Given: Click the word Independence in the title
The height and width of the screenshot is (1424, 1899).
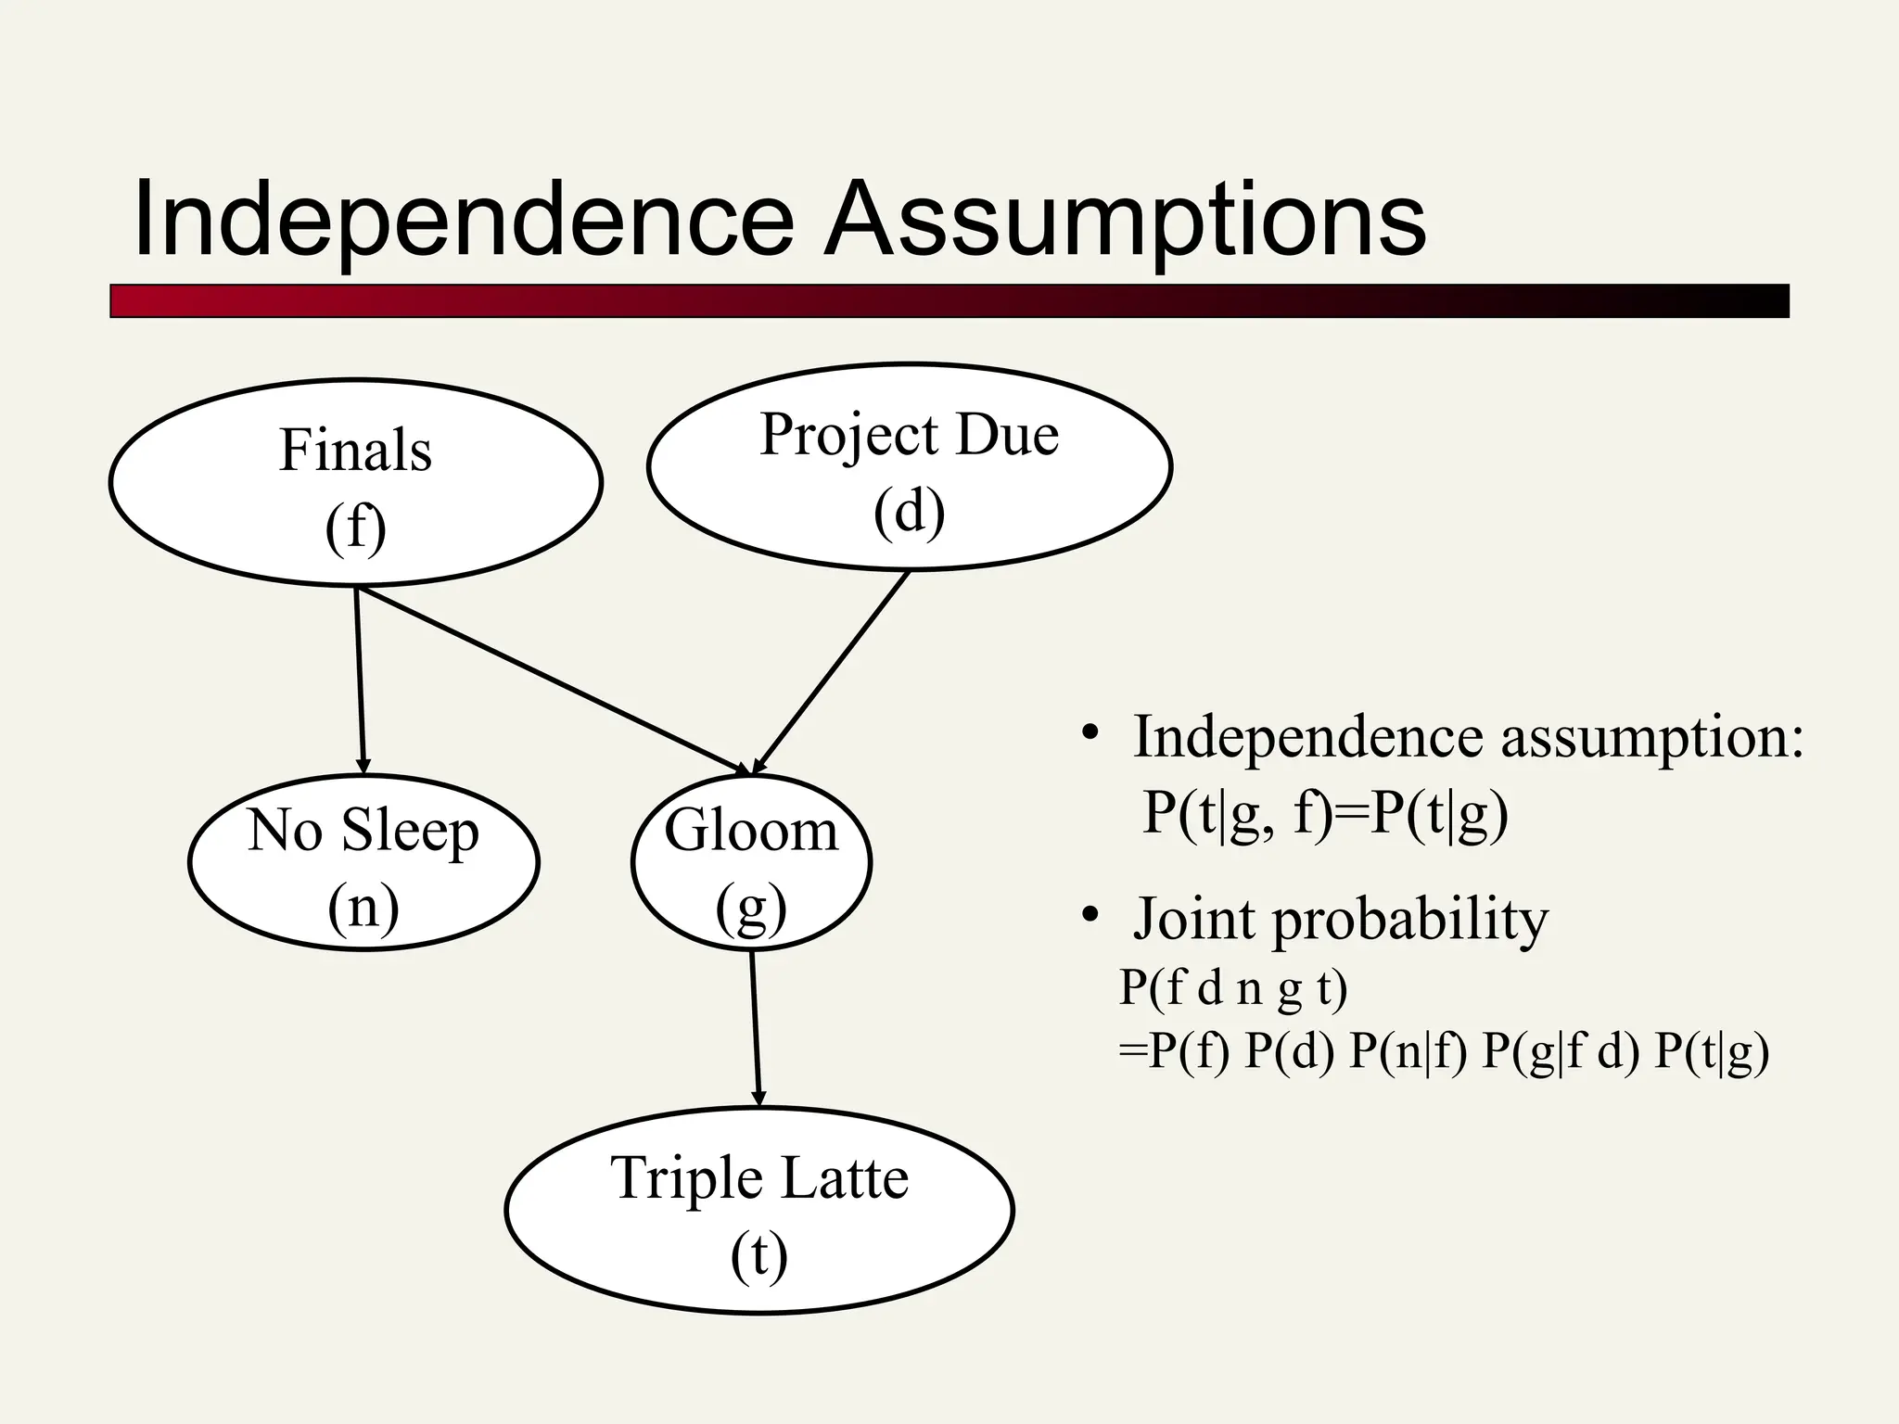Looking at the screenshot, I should click(x=464, y=221).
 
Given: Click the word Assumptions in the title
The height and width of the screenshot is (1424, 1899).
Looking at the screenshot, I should click(x=1124, y=221).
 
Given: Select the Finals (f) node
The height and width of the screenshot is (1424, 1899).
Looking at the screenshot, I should click(x=355, y=483).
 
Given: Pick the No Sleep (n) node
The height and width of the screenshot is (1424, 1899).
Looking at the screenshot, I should click(x=363, y=863).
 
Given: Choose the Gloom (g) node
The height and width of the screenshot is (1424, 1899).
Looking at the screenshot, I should click(x=751, y=863).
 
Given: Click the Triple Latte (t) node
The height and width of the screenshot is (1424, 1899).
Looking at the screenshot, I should click(x=758, y=1211).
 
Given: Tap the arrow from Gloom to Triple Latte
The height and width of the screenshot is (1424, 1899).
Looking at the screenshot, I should click(x=755, y=1029).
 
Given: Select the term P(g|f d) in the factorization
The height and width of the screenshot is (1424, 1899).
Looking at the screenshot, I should click(x=1560, y=1052).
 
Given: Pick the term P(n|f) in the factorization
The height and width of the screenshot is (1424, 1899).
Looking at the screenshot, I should click(x=1408, y=1052).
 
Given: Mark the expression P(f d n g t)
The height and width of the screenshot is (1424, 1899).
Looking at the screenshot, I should click(x=1233, y=988).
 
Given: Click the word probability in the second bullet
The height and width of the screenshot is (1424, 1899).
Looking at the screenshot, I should click(x=1409, y=920).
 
